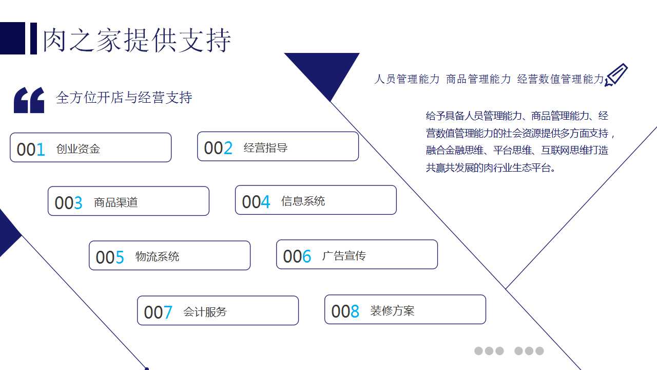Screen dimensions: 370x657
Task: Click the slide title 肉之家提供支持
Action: point(137,39)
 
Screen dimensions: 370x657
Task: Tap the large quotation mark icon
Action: point(29,100)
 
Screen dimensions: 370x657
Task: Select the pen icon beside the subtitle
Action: point(616,75)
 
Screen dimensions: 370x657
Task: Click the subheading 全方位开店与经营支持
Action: point(124,98)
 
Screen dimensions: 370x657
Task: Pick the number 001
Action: point(31,150)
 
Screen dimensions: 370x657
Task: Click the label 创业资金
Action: point(78,149)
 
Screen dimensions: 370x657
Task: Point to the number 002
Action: point(218,148)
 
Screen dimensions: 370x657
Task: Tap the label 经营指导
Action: point(265,148)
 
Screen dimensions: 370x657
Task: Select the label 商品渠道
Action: point(116,202)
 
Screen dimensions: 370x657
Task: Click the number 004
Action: point(256,202)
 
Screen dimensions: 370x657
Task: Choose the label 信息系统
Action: point(303,201)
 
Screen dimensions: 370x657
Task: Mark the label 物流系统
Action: point(157,256)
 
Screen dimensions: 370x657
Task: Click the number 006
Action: point(297,256)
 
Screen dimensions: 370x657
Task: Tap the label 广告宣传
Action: point(344,255)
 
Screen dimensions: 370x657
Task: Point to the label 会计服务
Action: point(205,311)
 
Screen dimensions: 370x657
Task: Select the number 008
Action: point(345,311)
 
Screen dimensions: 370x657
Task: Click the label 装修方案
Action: point(392,311)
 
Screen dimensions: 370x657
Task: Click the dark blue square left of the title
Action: point(12,38)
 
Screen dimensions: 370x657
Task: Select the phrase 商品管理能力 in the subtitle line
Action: point(478,79)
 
